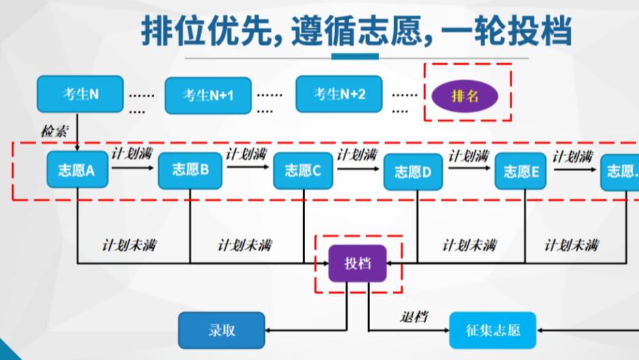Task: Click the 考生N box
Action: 80,94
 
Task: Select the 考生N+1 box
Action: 208,96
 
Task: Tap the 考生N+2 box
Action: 339,94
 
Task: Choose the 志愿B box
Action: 190,170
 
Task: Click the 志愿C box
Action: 303,170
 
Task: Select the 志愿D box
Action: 414,172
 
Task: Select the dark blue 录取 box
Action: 221,331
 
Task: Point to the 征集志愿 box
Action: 492,331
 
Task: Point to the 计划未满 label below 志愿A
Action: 129,245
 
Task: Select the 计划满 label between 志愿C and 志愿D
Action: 357,154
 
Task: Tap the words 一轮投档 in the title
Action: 506,31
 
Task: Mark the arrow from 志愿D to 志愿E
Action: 468,168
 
